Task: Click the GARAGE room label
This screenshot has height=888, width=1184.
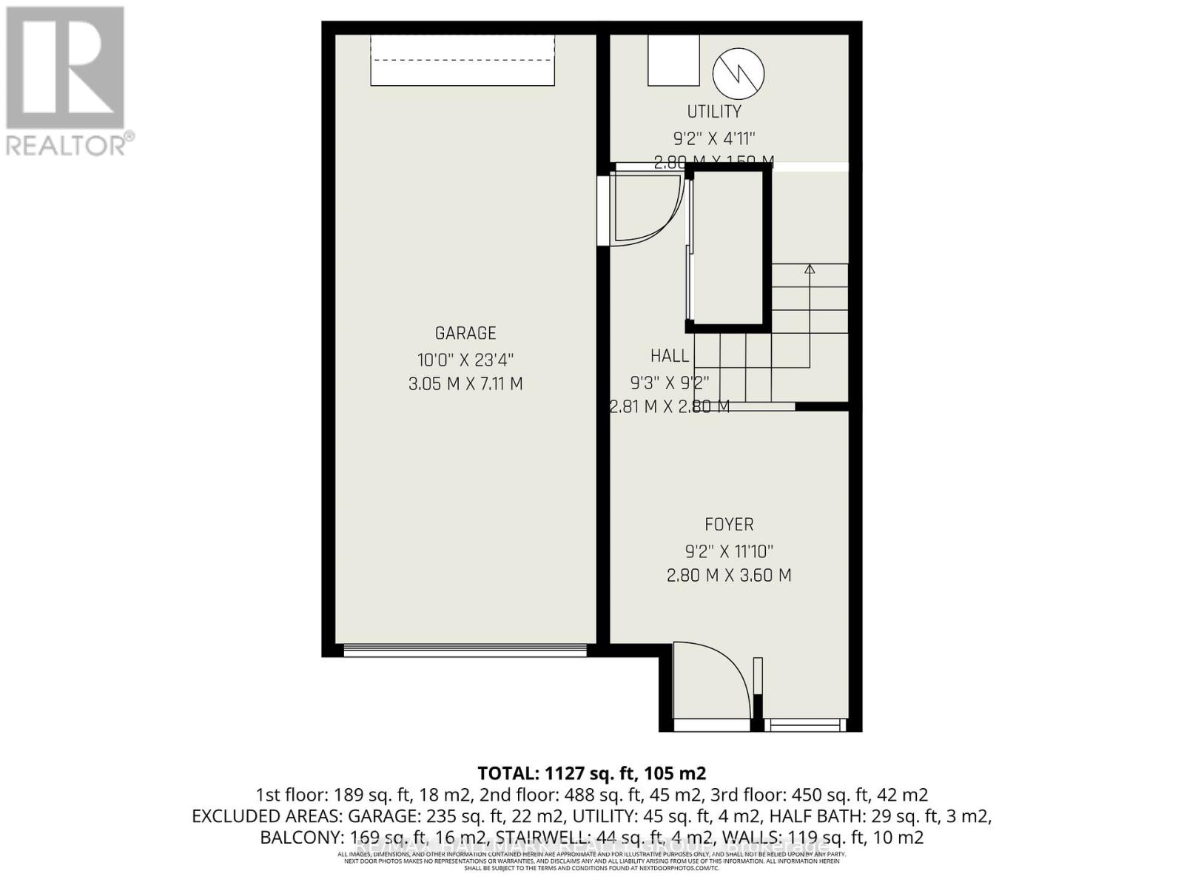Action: [x=465, y=333]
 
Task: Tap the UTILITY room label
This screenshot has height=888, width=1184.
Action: [x=714, y=111]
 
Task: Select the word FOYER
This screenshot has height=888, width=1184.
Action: [x=729, y=525]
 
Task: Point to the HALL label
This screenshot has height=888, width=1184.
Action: [x=670, y=356]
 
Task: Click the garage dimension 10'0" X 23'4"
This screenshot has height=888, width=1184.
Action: [x=465, y=360]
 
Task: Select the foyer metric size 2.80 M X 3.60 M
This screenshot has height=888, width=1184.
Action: [x=729, y=575]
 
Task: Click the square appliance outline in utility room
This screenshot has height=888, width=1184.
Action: [x=673, y=60]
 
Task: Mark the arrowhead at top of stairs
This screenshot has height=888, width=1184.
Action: [x=810, y=269]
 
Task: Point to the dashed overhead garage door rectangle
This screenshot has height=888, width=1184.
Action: [x=462, y=61]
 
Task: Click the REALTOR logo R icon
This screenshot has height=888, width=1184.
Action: [x=65, y=67]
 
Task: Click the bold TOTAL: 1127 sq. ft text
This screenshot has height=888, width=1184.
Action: [x=591, y=773]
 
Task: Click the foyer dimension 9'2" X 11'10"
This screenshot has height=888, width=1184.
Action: [x=729, y=551]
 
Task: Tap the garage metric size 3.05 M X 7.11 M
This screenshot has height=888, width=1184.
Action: [x=465, y=384]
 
